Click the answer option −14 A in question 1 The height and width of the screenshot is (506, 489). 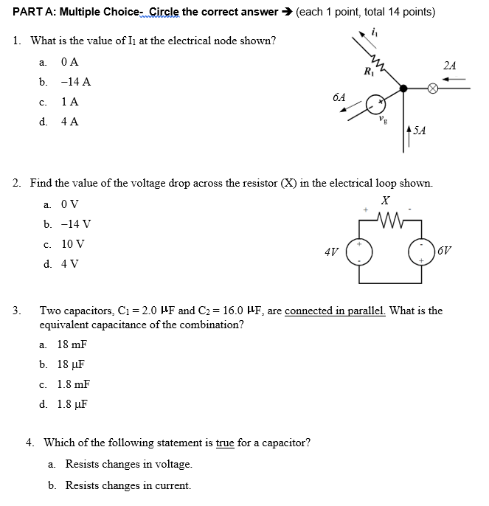point(77,82)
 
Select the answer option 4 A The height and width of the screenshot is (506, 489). point(71,121)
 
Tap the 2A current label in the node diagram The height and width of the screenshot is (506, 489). point(450,66)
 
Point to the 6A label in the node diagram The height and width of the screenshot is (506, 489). point(339,97)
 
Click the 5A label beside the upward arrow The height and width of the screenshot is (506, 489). point(420,131)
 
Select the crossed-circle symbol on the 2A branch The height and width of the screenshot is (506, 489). point(434,88)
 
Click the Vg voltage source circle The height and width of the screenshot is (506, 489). point(376,102)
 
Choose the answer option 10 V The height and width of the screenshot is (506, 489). point(73,243)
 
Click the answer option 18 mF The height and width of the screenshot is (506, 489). point(72,344)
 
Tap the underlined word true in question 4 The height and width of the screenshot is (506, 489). point(225,443)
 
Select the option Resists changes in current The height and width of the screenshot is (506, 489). point(128,485)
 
